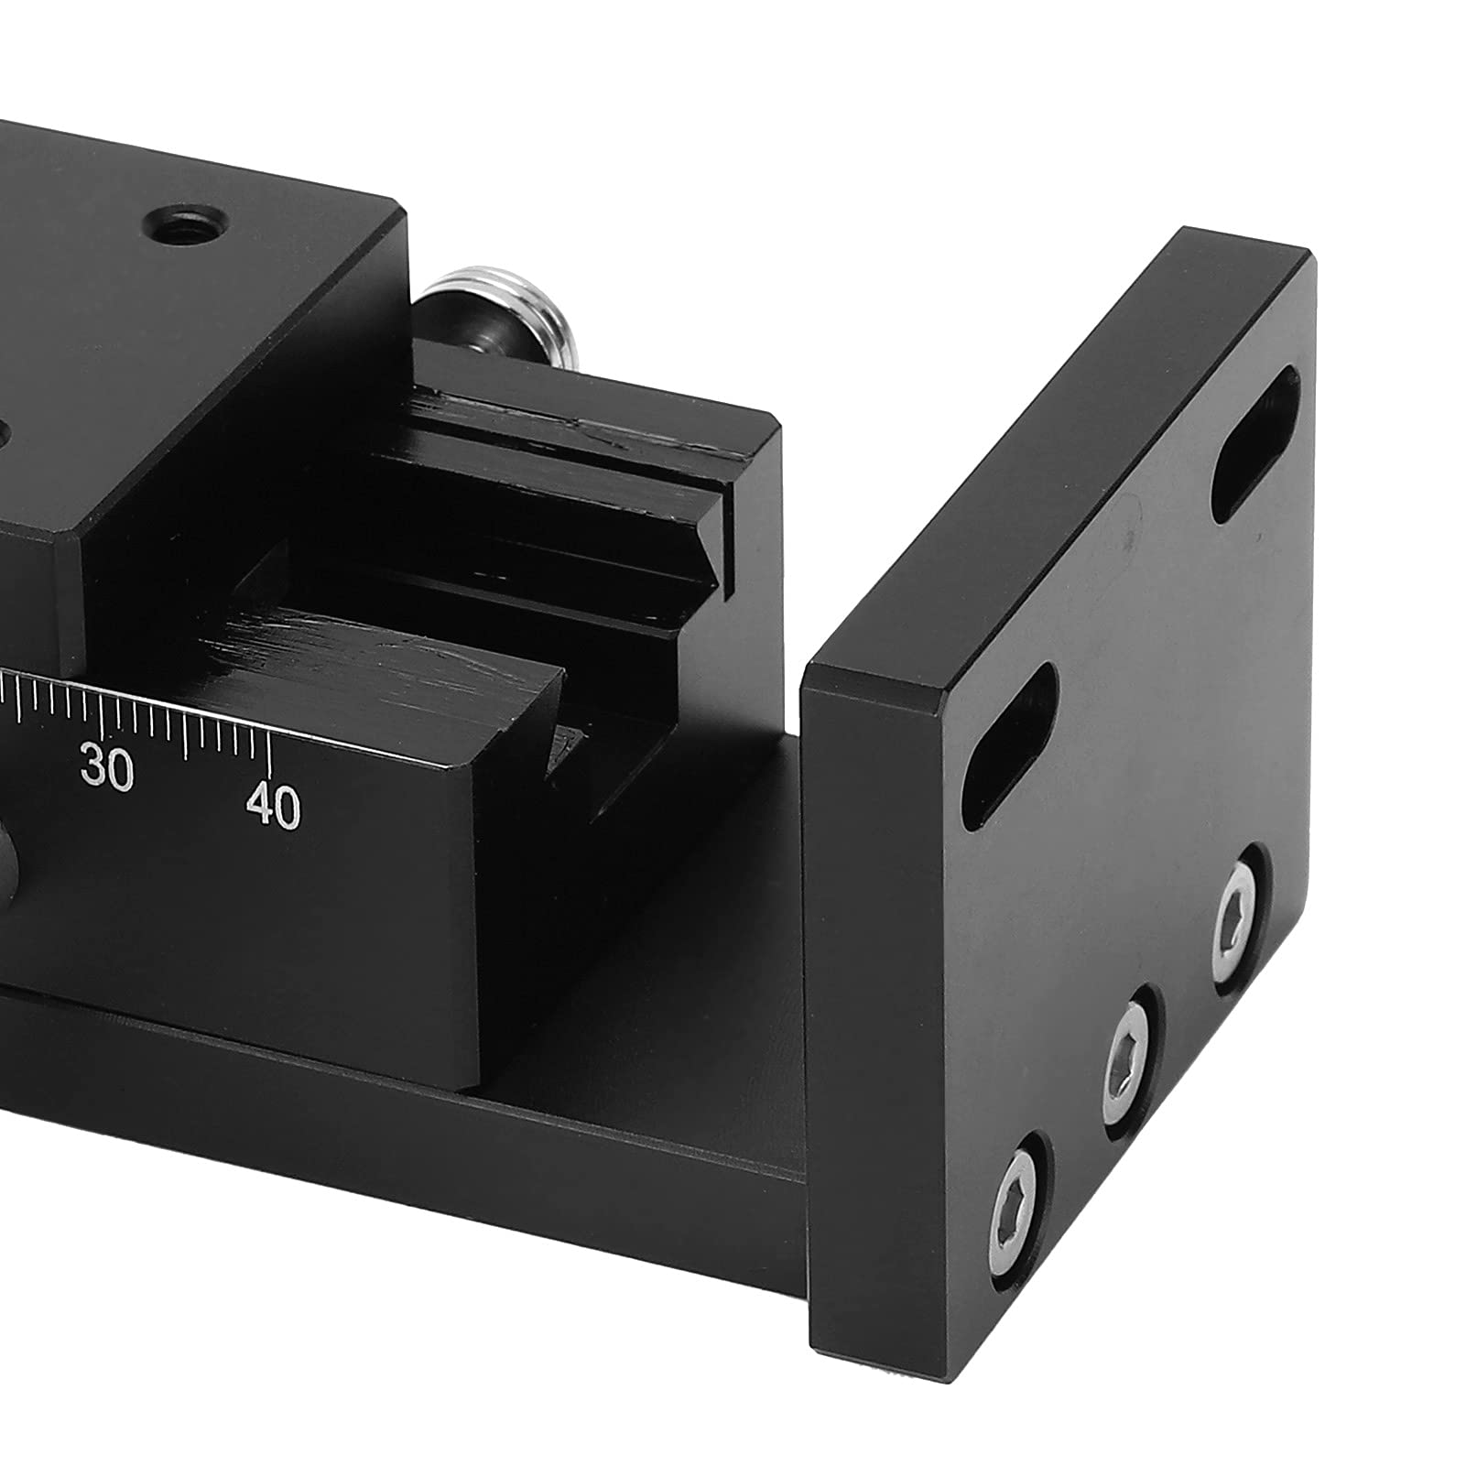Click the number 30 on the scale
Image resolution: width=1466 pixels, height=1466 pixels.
click(x=107, y=766)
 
